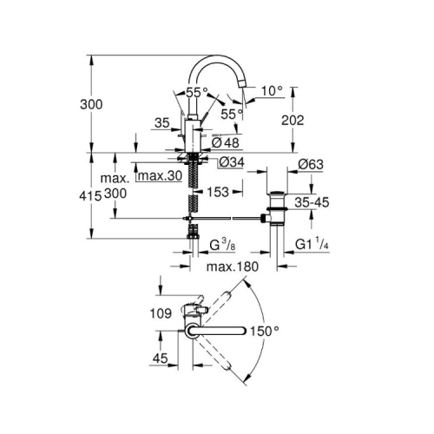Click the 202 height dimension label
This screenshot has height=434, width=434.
click(x=293, y=121)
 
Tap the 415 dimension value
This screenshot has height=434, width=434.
click(x=90, y=196)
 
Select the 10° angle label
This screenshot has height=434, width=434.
click(x=272, y=91)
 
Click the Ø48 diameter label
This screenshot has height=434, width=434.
click(x=226, y=142)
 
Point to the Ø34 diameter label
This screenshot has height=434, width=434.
click(x=232, y=162)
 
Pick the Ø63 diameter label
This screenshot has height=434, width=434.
click(x=311, y=164)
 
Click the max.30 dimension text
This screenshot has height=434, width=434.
click(x=161, y=175)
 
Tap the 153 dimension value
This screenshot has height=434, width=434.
click(x=218, y=192)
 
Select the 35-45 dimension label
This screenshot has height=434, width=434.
click(x=312, y=202)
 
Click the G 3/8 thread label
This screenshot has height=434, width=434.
click(x=222, y=246)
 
